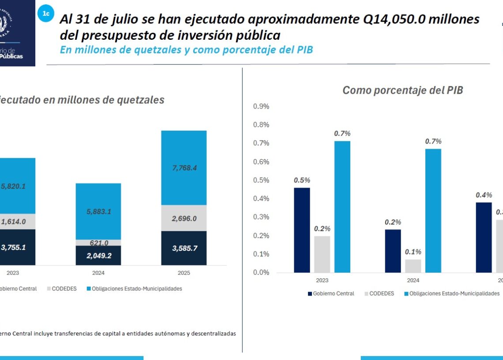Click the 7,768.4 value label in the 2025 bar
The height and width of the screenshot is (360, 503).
click(x=184, y=168)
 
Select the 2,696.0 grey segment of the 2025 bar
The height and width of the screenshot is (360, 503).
click(x=184, y=219)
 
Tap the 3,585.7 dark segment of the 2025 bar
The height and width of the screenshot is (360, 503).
click(x=184, y=248)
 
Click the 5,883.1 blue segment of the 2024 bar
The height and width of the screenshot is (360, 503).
click(x=98, y=212)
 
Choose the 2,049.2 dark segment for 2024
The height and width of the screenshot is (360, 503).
click(x=98, y=255)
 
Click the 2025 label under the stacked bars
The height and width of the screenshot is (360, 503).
click(x=184, y=273)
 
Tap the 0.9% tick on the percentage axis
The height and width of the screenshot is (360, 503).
click(x=261, y=106)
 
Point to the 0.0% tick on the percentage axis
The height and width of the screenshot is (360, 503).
click(x=261, y=273)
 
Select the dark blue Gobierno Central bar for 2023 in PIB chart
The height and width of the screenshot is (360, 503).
click(x=302, y=230)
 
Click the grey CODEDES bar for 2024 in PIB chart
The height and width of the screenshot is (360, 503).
click(x=413, y=266)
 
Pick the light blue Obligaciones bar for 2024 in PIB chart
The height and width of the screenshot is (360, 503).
click(x=433, y=211)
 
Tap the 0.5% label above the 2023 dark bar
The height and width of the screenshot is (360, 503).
click(x=302, y=180)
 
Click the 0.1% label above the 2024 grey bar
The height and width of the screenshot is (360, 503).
click(x=413, y=252)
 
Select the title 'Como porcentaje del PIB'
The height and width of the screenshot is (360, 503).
click(x=402, y=91)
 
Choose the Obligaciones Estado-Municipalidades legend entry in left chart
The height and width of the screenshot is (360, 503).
click(x=134, y=289)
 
